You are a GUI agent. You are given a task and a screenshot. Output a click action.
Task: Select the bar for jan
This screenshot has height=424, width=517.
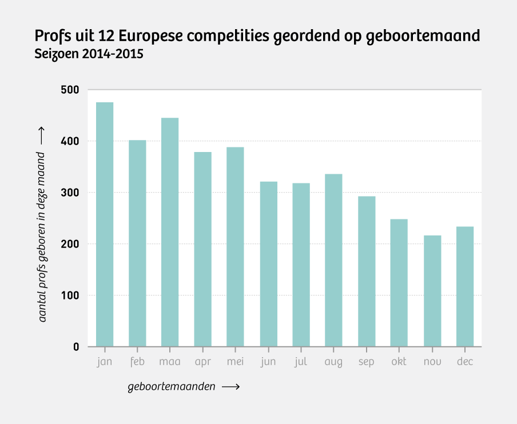(x=105, y=224)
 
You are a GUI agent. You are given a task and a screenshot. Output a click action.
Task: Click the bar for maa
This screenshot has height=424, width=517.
(x=170, y=232)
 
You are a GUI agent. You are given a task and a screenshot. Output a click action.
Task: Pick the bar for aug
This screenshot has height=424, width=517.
(x=333, y=260)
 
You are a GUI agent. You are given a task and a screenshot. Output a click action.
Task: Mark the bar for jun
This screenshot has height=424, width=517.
(x=269, y=264)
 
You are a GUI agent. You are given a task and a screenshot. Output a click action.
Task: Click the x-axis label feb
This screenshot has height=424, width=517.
(x=137, y=362)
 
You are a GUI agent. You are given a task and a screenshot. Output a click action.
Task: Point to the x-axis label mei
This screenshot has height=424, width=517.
(x=235, y=362)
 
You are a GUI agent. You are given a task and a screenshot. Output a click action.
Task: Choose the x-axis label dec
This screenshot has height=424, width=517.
(x=465, y=362)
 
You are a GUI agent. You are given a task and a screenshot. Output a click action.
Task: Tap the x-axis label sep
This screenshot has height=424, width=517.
(x=367, y=362)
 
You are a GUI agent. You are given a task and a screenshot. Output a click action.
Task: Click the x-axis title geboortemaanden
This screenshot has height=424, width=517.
(x=172, y=387)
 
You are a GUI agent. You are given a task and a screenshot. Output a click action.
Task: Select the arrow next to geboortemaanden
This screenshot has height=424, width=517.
(x=230, y=387)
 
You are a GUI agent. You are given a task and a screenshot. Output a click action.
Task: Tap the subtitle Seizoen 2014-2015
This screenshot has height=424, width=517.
(x=89, y=55)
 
